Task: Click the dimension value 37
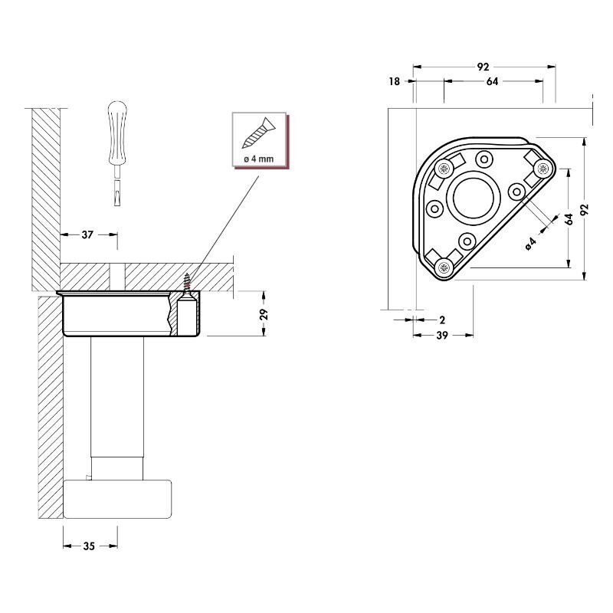(x=87, y=234)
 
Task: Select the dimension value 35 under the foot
(x=89, y=546)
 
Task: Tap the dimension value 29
(x=264, y=314)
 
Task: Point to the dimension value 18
(x=395, y=81)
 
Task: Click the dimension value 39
(x=442, y=335)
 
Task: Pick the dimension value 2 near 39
(x=442, y=320)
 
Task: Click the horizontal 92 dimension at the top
(x=484, y=67)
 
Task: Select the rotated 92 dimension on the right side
(x=584, y=209)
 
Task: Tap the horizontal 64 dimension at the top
(x=492, y=81)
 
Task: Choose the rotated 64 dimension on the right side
(x=569, y=219)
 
